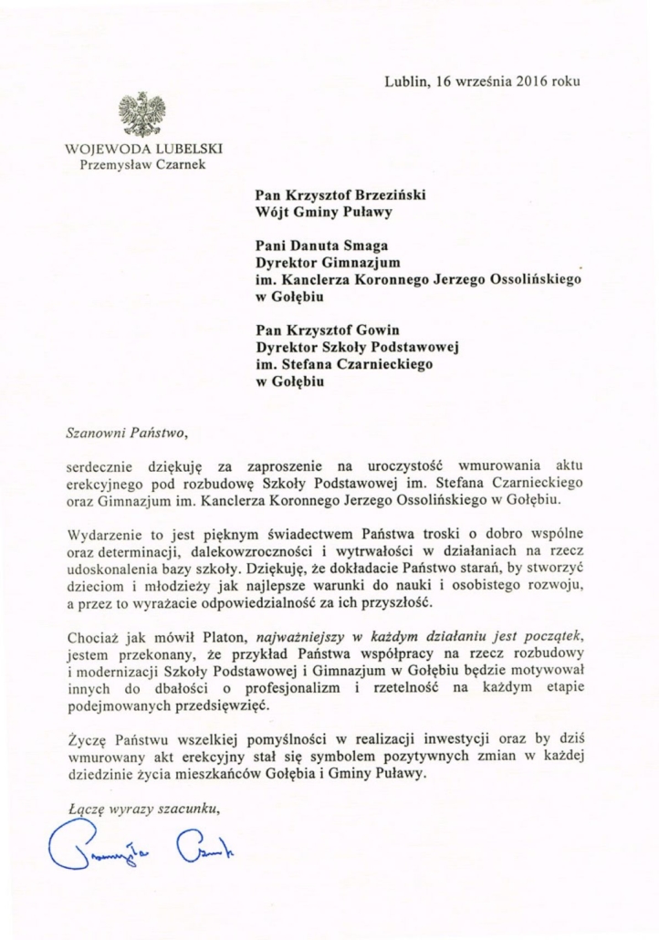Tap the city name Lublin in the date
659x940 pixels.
coord(405,80)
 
